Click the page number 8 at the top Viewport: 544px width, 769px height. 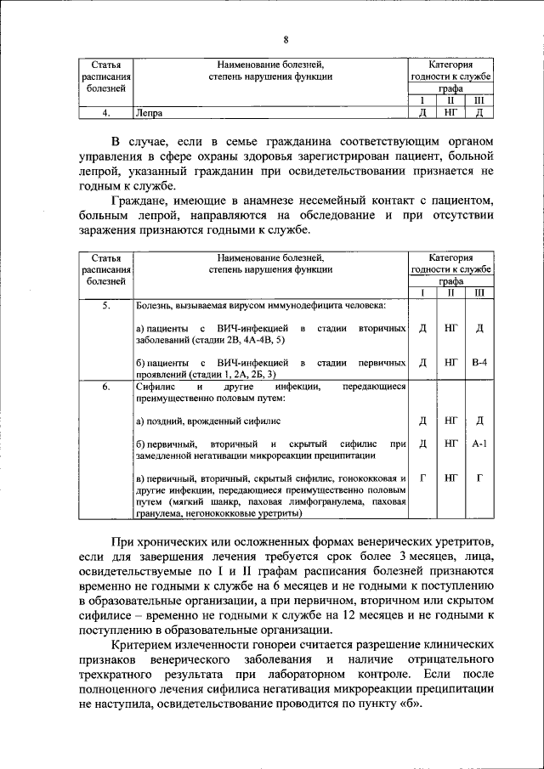(286, 40)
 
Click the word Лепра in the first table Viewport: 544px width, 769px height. (148, 111)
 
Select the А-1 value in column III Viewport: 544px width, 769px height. (479, 443)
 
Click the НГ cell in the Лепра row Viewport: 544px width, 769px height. (450, 111)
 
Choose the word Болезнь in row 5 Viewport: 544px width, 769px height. (156, 304)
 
